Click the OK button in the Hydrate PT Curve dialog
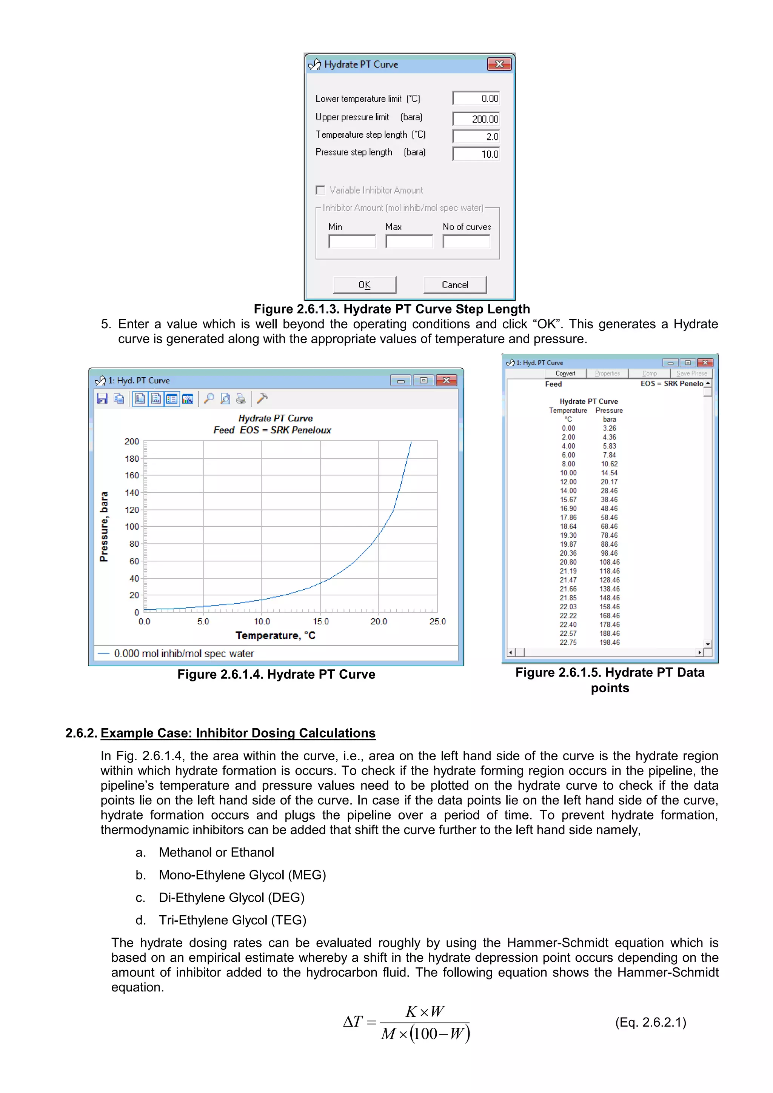tap(364, 285)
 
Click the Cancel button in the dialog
tap(455, 285)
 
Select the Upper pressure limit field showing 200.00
tap(476, 118)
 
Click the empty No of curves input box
tap(466, 241)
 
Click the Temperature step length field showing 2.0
tap(476, 136)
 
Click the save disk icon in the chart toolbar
tap(102, 398)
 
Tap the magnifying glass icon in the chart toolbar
tap(209, 398)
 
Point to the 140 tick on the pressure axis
tap(132, 493)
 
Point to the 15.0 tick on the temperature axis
tap(320, 621)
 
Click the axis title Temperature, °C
tap(275, 635)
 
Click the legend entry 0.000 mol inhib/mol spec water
tap(184, 653)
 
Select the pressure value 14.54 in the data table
tap(609, 473)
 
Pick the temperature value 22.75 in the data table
tap(568, 642)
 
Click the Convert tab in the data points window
tap(565, 373)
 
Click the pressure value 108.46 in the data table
tap(609, 562)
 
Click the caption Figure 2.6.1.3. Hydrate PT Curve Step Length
tap(391, 309)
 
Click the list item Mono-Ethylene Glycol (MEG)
tap(242, 875)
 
